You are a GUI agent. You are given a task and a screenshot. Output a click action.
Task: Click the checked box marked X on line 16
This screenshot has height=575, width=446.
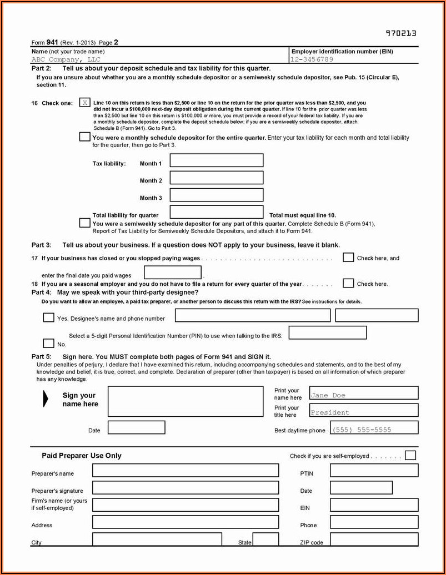coord(85,103)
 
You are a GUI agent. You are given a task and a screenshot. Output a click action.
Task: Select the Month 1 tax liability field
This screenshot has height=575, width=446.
coord(216,160)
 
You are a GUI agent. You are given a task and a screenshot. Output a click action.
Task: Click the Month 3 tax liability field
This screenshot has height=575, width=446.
coord(216,195)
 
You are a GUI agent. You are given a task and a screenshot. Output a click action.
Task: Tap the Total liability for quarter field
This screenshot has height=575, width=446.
coord(216,212)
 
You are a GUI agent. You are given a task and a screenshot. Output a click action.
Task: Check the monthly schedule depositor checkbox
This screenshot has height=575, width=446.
coord(84,137)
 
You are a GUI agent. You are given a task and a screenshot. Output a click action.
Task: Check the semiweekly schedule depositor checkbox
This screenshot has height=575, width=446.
coord(84,223)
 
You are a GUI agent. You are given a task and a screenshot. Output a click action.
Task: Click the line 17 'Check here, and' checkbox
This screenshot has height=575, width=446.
coord(348,258)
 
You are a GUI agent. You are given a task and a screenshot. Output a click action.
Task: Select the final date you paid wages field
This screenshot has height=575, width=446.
coord(173,273)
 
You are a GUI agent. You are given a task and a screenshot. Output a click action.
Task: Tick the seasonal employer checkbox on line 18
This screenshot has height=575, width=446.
coord(348,283)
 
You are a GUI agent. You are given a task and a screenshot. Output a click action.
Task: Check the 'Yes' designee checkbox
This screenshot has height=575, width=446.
coord(49,317)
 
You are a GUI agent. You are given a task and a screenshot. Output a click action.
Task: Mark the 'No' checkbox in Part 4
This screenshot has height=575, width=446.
coord(49,343)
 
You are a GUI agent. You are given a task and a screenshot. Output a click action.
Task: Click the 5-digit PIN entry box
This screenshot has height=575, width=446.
coord(328,332)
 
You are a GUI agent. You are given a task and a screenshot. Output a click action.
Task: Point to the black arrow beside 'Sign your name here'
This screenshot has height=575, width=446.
coord(46,399)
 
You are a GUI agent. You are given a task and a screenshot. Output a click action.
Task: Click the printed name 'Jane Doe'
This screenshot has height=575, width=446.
coord(328,395)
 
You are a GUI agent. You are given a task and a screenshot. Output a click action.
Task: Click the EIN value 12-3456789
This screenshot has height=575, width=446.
coord(312,59)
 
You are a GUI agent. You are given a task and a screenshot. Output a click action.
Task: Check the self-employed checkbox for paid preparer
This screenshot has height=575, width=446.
coord(410,456)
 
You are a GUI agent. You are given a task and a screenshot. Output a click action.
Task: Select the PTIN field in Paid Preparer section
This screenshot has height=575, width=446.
coord(374,471)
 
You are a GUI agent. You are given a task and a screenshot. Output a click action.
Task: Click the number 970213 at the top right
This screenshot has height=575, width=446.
coord(401,33)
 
